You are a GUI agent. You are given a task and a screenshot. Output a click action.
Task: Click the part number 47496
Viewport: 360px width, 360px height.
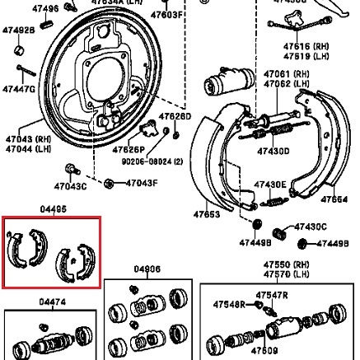pyautogui.click(x=45, y=8)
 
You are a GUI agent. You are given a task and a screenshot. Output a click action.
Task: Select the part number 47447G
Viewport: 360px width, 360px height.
pyautogui.click(x=18, y=88)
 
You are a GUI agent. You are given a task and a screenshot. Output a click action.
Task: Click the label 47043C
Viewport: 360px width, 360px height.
pyautogui.click(x=69, y=187)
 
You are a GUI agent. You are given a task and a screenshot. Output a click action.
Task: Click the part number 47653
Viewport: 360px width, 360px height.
pyautogui.click(x=206, y=214)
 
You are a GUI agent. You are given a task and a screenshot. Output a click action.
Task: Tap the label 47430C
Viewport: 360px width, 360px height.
pyautogui.click(x=311, y=227)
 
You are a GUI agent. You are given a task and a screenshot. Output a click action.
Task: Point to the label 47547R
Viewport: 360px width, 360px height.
pyautogui.click(x=270, y=293)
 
